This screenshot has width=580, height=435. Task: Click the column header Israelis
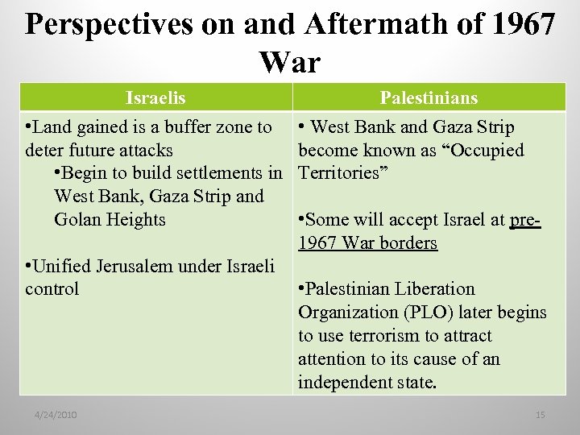click(155, 98)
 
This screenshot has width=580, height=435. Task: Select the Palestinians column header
click(429, 98)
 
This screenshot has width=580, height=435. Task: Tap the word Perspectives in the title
click(108, 25)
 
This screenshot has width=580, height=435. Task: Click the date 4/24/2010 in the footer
click(56, 414)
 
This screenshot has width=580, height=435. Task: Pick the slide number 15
click(540, 414)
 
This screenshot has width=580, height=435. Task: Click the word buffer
click(192, 127)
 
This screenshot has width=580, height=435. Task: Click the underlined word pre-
click(525, 220)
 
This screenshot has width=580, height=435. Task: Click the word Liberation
click(434, 289)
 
